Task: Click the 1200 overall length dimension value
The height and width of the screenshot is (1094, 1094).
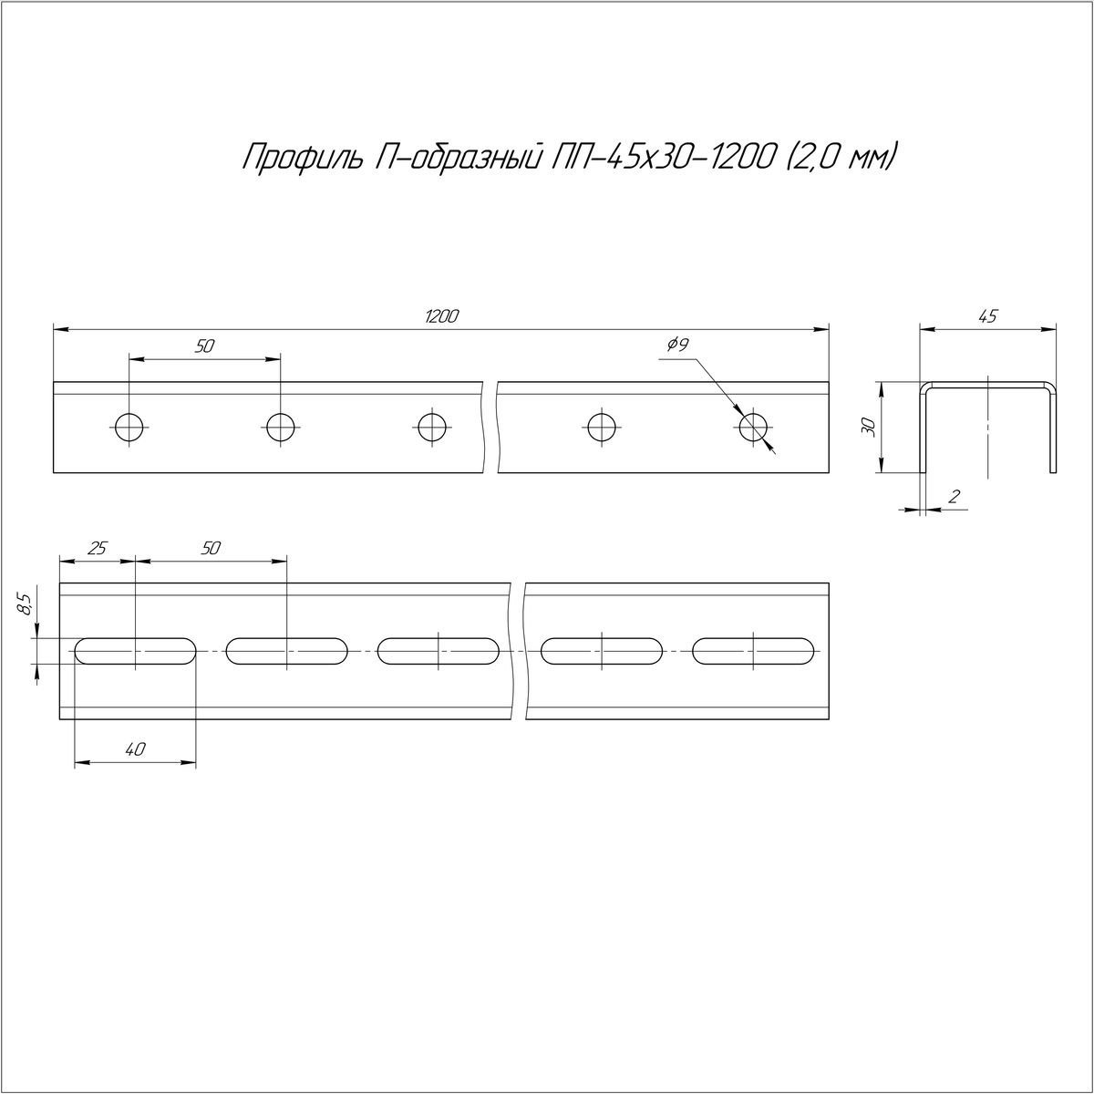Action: pyautogui.click(x=441, y=316)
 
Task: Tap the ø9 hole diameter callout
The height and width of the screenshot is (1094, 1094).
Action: pyautogui.click(x=678, y=345)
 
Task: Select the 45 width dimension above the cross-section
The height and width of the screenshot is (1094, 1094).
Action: pyautogui.click(x=988, y=316)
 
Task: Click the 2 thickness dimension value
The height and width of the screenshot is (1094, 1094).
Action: pyautogui.click(x=954, y=497)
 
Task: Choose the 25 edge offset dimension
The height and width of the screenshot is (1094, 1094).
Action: pyautogui.click(x=98, y=549)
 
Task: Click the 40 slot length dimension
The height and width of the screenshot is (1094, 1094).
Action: pyautogui.click(x=136, y=749)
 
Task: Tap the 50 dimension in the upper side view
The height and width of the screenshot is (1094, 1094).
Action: pyautogui.click(x=204, y=346)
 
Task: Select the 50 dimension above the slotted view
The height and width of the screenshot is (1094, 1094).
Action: pyautogui.click(x=210, y=549)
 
